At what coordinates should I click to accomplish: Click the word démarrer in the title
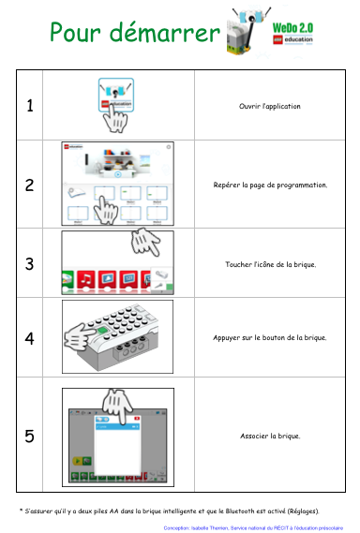(165, 32)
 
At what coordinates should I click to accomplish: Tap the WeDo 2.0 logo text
(292, 28)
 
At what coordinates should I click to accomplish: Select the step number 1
(30, 105)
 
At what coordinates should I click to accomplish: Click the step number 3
(30, 264)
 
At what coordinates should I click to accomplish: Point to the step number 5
(30, 437)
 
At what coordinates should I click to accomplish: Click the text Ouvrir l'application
(269, 106)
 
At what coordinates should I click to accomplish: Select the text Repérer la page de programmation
(270, 185)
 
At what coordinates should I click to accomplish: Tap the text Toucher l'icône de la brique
(271, 264)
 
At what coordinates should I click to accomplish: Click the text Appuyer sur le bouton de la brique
(270, 337)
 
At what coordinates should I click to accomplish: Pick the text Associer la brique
(270, 436)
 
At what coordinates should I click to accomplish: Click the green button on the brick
(102, 330)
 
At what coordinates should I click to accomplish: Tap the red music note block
(86, 280)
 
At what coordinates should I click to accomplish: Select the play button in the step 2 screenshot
(118, 174)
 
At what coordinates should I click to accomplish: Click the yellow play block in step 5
(77, 461)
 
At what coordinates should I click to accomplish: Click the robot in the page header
(248, 31)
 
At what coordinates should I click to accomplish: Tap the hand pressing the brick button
(80, 336)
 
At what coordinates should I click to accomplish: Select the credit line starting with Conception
(253, 528)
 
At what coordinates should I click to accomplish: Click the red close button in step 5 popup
(137, 419)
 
